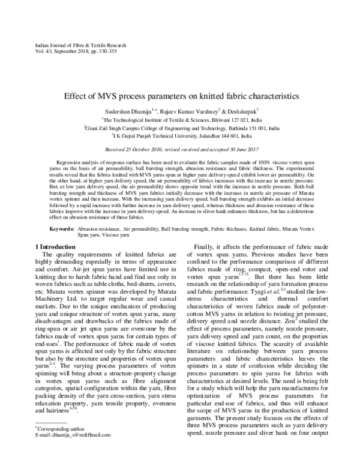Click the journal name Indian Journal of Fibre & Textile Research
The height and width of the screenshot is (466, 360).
point(73,46)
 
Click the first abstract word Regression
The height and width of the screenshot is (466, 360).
point(71,163)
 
